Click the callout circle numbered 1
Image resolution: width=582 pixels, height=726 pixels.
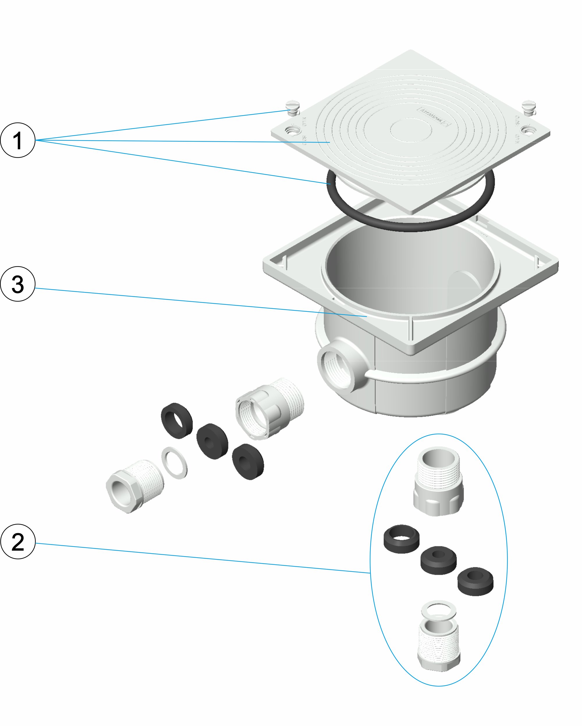coord(17,140)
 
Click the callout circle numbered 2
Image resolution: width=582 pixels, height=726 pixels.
coord(17,542)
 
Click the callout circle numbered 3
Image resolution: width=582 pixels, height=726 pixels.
coord(17,284)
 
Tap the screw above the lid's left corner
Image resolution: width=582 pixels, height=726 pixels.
coord(292,107)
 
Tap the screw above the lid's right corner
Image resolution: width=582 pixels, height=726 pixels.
coord(528,107)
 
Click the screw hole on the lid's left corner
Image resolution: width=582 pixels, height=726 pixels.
coord(291,130)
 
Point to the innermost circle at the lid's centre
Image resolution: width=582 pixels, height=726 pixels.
coord(411,130)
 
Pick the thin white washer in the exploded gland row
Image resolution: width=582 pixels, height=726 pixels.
coord(175,463)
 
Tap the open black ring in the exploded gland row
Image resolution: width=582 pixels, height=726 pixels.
coord(177,421)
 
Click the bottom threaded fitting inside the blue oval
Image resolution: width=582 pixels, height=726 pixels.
coord(439,645)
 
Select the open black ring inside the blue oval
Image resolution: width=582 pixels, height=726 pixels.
coord(402,539)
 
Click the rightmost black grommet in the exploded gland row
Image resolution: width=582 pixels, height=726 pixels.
coord(248,461)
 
